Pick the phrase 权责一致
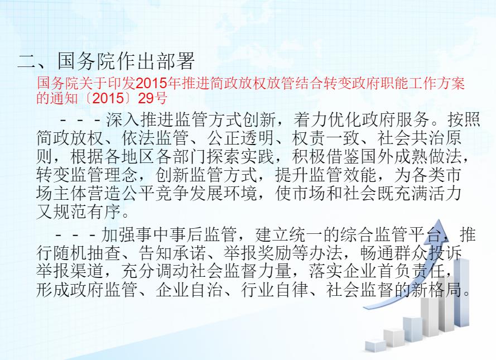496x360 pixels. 325,138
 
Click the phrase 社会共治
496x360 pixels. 410,138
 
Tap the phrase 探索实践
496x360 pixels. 240,156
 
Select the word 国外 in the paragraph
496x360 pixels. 377,156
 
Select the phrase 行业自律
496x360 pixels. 275,290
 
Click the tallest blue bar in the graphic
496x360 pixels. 461,292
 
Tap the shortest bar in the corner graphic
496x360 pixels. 375,345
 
